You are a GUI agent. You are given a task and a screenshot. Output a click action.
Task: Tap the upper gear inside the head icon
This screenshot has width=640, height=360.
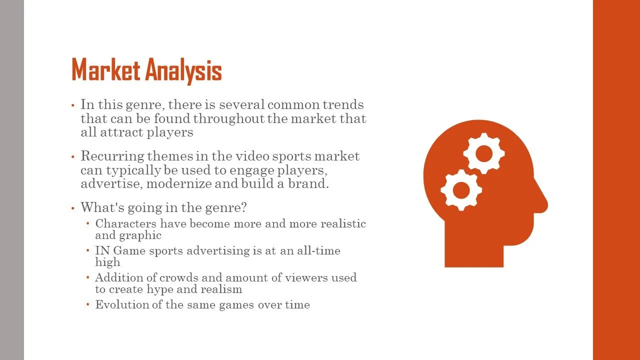pyautogui.click(x=483, y=153)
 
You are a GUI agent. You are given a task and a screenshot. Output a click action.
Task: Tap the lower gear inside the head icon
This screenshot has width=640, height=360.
pyautogui.click(x=461, y=190)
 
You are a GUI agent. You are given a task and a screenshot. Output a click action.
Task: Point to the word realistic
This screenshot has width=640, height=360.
pyautogui.click(x=343, y=223)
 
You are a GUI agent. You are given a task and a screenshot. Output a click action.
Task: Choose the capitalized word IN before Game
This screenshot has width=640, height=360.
pyautogui.click(x=102, y=250)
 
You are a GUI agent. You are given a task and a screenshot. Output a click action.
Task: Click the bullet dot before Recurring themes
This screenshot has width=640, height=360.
pyautogui.click(x=72, y=157)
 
